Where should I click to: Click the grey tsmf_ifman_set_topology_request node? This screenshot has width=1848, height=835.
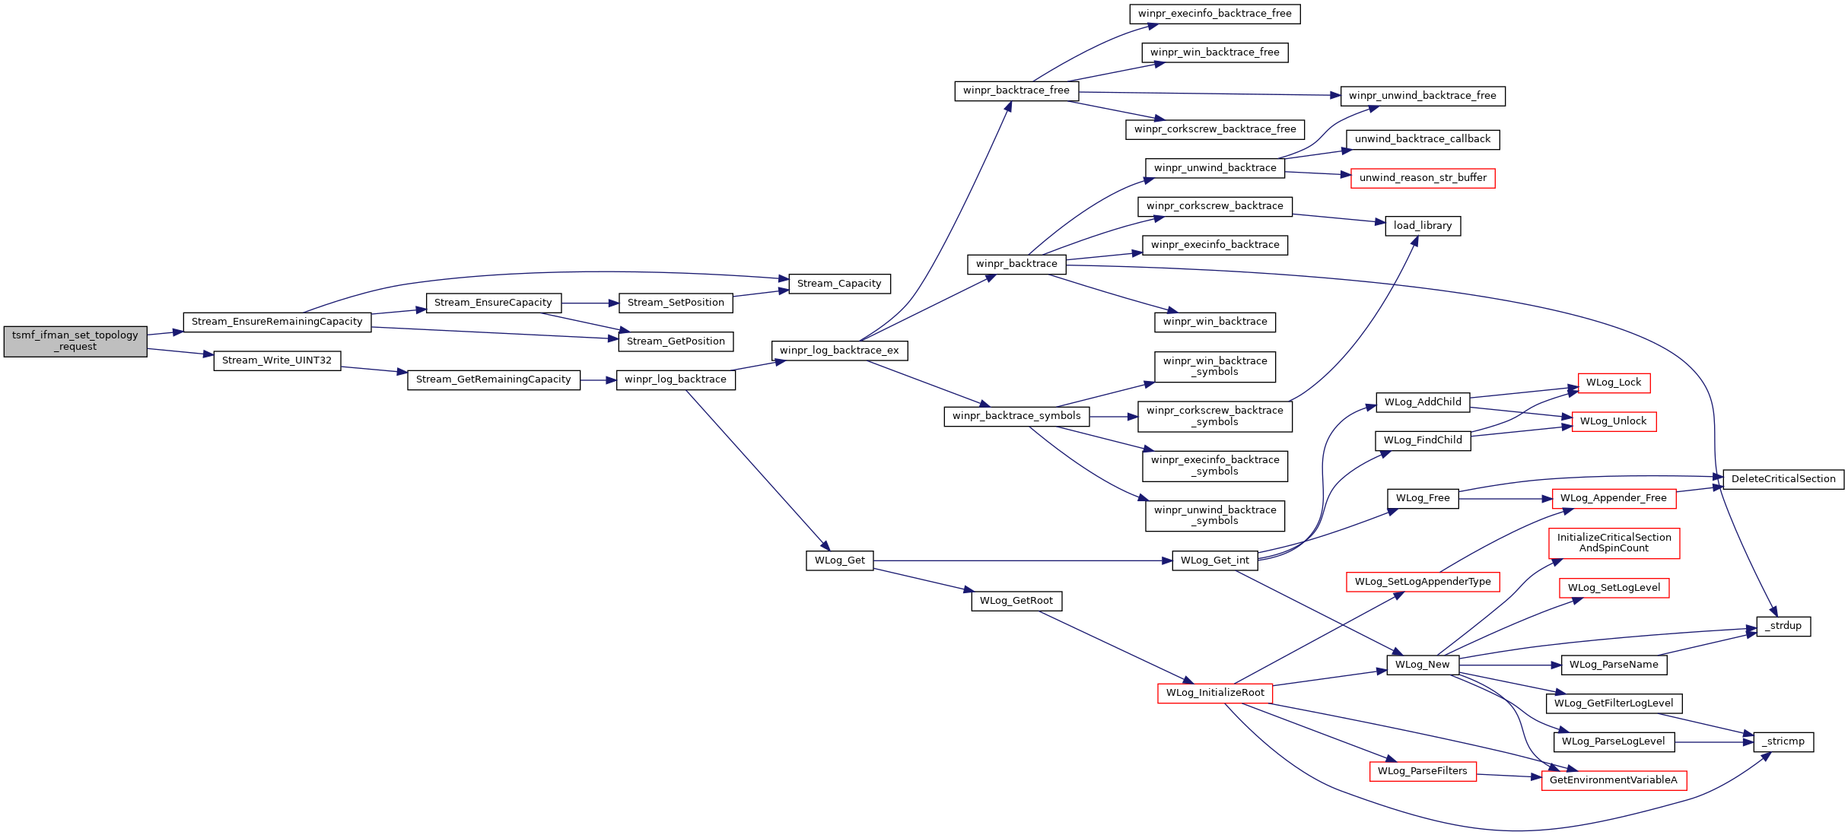coord(75,341)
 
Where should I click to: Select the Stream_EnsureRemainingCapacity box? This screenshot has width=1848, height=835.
coord(277,322)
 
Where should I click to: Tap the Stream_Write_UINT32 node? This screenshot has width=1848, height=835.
coord(277,360)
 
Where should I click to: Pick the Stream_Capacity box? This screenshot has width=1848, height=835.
coord(839,284)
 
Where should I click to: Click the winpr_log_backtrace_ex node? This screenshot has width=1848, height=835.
coord(839,351)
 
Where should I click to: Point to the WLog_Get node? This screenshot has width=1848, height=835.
coord(839,560)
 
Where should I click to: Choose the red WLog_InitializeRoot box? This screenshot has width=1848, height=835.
coord(1215,693)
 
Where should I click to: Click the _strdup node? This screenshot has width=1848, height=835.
coord(1783,626)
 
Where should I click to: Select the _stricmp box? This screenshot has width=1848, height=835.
coord(1783,741)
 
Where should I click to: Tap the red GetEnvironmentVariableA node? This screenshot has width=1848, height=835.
coord(1614,780)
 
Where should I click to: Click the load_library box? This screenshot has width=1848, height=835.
coord(1423,226)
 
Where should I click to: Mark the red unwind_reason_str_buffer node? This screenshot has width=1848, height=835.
coord(1423,178)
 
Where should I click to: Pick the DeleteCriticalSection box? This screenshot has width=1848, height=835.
coord(1783,479)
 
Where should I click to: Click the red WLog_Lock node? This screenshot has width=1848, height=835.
coord(1614,383)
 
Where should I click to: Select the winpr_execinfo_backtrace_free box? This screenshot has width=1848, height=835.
coord(1215,14)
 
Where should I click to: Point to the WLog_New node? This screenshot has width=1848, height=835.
coord(1423,665)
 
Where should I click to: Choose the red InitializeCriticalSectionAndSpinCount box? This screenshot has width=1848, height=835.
coord(1614,543)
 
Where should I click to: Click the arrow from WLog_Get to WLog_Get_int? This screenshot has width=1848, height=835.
coord(1023,560)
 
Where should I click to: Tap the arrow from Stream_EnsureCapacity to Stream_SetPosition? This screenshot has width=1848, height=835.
coord(590,303)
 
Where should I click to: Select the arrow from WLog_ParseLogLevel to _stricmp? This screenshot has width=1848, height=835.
coord(1714,742)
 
